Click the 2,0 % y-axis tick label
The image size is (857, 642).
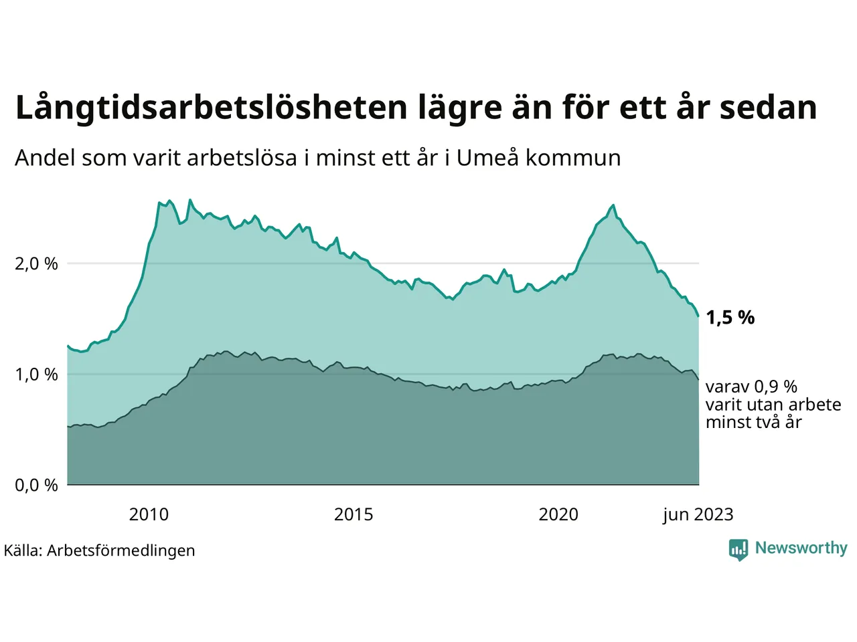36,263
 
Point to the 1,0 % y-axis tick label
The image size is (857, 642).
36,374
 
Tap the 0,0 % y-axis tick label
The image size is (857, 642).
36,485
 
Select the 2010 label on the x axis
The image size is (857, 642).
149,514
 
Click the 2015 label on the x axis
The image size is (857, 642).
354,514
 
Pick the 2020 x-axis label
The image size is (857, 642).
558,514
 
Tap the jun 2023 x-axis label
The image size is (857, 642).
698,514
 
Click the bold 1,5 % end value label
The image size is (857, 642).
730,318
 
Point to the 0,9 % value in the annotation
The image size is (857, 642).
776,387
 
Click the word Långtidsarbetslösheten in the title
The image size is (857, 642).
211,108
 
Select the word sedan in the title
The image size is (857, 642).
769,108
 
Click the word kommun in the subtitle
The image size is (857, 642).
573,158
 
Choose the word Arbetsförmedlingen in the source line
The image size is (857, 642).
121,550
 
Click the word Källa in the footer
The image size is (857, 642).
23,550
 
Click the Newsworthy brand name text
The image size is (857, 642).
801,548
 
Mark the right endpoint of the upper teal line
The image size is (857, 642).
698,316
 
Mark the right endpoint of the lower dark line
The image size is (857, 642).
698,380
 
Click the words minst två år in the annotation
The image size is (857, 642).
753,422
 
